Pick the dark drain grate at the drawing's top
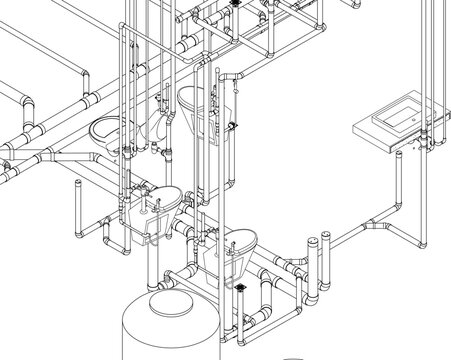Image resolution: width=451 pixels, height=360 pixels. (234, 5)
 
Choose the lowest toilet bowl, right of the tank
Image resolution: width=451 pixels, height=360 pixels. (228, 247)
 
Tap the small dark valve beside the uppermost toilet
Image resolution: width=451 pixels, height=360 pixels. (232, 125)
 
